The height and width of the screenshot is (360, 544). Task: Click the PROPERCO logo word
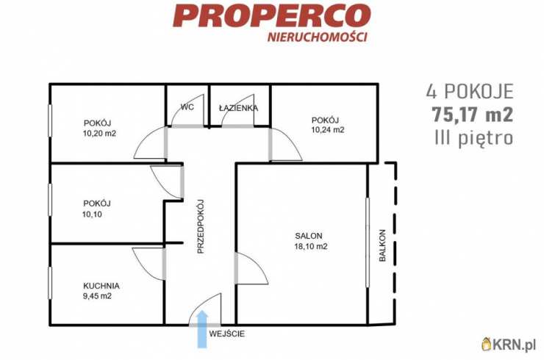pyautogui.click(x=271, y=15)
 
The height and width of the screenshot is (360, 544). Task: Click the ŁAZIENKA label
pyautogui.click(x=238, y=108)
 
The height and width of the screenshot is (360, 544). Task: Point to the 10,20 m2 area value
pyautogui.click(x=99, y=134)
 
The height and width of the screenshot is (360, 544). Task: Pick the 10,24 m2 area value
pyautogui.click(x=327, y=130)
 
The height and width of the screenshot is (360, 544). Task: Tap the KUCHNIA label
pyautogui.click(x=101, y=286)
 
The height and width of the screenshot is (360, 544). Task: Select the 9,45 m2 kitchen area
pyautogui.click(x=97, y=296)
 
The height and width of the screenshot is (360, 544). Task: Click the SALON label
pyautogui.click(x=309, y=236)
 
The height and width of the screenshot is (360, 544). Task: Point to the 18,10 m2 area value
pyautogui.click(x=309, y=247)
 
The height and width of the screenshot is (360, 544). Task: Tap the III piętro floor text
pyautogui.click(x=470, y=137)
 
